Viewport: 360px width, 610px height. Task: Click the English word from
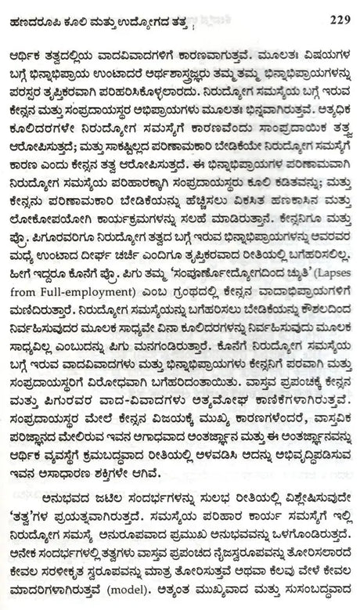tap(31, 315)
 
